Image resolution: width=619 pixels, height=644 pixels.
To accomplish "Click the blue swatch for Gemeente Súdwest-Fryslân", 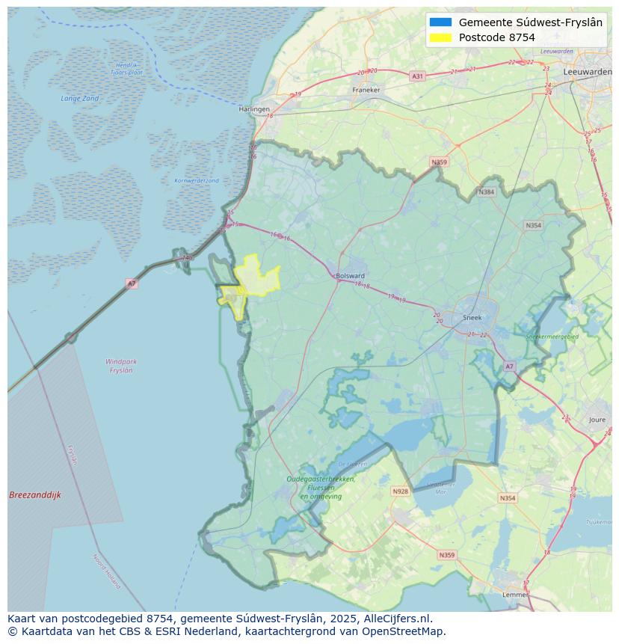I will [441, 22].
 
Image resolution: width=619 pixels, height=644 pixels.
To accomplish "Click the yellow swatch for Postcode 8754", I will [441, 37].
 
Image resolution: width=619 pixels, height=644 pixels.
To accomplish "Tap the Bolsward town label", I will [350, 275].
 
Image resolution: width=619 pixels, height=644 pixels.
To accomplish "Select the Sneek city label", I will [472, 317].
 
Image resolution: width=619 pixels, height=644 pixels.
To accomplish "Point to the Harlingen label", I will [254, 109].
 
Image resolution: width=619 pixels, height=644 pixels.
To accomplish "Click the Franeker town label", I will [366, 90].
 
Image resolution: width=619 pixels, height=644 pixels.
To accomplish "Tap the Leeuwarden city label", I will [588, 71].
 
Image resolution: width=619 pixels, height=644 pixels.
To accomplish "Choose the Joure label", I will [597, 420].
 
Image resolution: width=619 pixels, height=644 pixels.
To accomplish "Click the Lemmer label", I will [515, 595].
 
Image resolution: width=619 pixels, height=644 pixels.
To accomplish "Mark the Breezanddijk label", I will [35, 495].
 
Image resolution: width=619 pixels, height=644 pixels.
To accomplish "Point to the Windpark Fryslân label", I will [120, 366].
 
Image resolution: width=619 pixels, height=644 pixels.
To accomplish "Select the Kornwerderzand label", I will [197, 180].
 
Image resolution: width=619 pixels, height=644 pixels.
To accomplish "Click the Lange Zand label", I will [79, 98].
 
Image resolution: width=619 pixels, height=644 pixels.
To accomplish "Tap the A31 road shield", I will [417, 76].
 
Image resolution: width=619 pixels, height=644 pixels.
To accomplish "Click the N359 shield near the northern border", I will [439, 162].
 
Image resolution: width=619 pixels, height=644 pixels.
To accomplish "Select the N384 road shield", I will [487, 192].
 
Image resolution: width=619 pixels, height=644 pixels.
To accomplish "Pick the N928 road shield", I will [400, 491].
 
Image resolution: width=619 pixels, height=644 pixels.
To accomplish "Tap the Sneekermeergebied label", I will [552, 337].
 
